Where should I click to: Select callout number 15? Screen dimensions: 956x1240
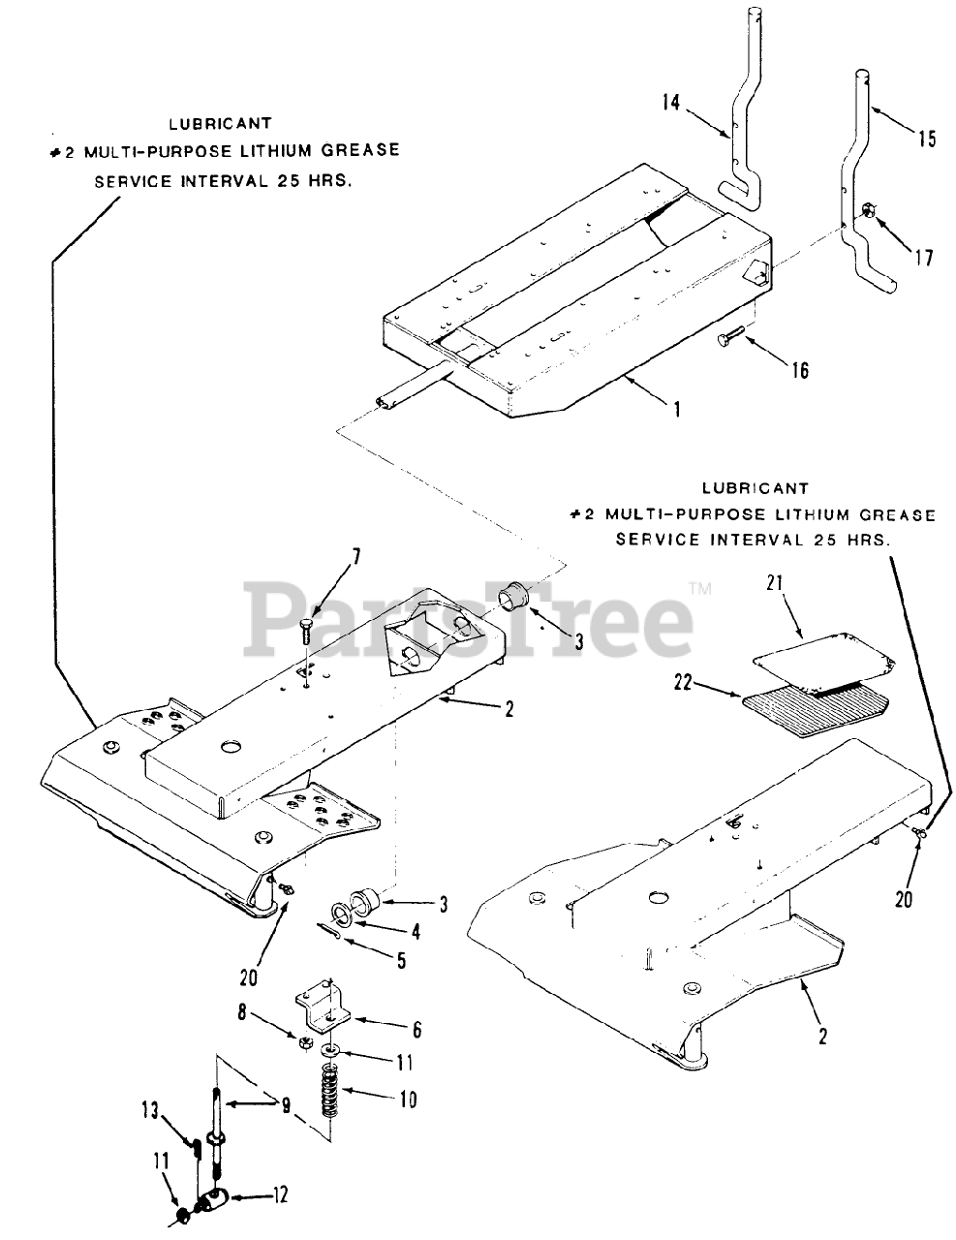pyautogui.click(x=926, y=139)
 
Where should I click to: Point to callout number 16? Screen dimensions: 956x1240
pyautogui.click(x=797, y=369)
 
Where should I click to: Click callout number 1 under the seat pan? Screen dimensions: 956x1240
pyautogui.click(x=676, y=409)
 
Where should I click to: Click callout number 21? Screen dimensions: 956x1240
pyautogui.click(x=773, y=582)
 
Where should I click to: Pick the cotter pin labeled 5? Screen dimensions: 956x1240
pyautogui.click(x=329, y=931)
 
